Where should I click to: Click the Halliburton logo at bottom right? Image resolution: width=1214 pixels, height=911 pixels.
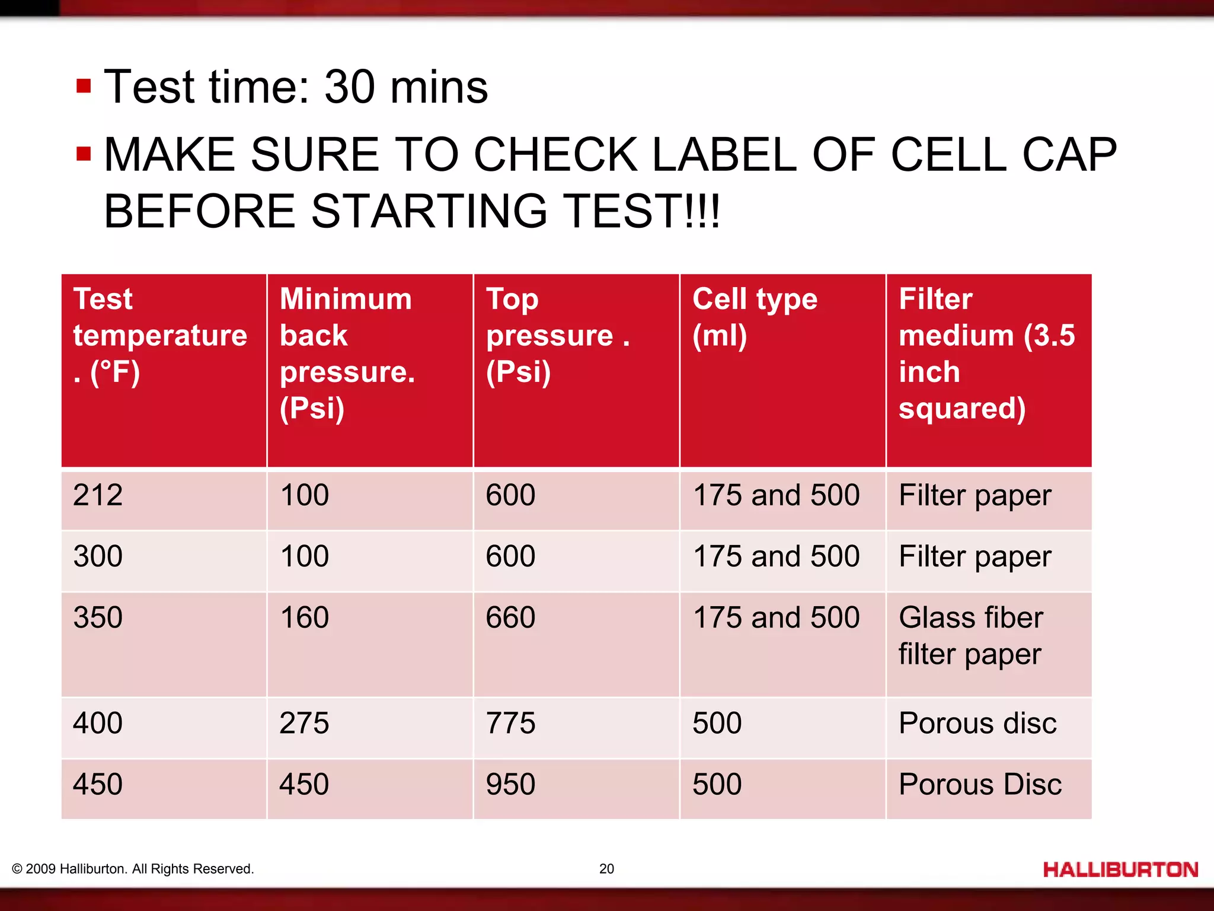click(x=1120, y=869)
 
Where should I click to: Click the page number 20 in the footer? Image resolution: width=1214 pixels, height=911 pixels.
click(x=606, y=869)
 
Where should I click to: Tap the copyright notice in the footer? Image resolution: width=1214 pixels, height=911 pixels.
click(x=133, y=869)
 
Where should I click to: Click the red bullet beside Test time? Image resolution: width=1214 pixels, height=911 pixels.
click(x=84, y=87)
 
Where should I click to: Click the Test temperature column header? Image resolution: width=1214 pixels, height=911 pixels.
click(x=160, y=335)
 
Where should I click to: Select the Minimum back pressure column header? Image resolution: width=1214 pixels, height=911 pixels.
click(x=347, y=353)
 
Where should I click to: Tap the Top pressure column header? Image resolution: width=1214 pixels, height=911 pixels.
click(x=557, y=335)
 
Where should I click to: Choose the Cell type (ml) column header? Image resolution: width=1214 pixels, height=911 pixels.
click(x=755, y=317)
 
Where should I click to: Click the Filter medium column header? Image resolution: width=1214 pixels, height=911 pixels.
click(x=986, y=353)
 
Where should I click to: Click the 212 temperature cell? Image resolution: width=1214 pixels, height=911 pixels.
click(x=98, y=495)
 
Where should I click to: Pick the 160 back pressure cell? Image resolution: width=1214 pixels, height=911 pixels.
click(x=304, y=617)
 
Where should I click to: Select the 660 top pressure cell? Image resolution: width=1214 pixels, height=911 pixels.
click(x=510, y=617)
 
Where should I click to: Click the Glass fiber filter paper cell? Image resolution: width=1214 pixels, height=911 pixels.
click(x=971, y=636)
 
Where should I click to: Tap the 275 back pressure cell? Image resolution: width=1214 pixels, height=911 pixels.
click(x=304, y=724)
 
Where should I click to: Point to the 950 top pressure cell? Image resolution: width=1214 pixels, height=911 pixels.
click(x=510, y=785)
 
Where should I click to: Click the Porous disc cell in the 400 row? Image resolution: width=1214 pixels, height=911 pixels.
click(x=977, y=724)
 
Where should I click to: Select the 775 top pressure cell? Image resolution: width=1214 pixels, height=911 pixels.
click(x=510, y=724)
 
